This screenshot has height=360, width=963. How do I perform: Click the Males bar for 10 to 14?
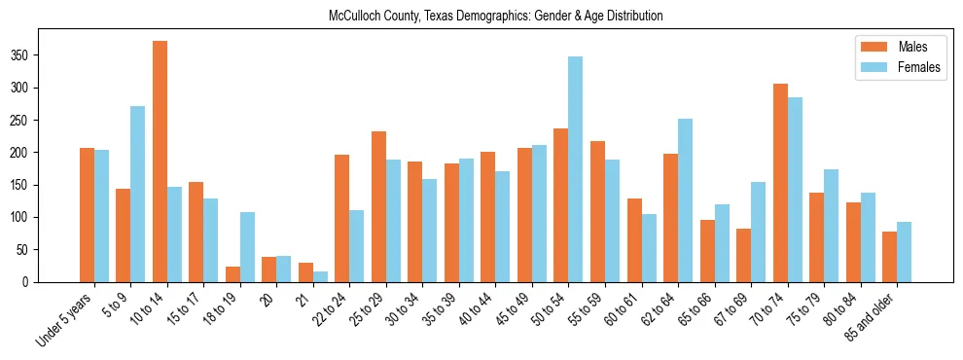160,162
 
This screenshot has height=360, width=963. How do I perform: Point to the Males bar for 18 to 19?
232,274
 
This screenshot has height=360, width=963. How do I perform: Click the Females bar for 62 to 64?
685,200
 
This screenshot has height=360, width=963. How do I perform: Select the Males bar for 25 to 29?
378,206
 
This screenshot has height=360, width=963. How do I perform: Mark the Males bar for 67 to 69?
743,255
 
